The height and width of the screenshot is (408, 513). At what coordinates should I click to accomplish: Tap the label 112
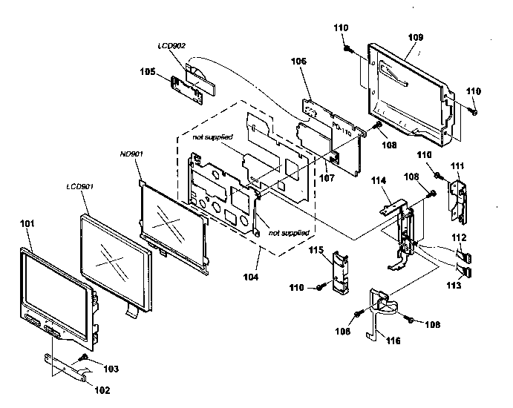click(461, 237)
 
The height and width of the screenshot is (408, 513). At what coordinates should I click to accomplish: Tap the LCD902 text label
click(171, 46)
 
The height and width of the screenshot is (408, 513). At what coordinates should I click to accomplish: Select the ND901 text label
click(131, 154)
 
